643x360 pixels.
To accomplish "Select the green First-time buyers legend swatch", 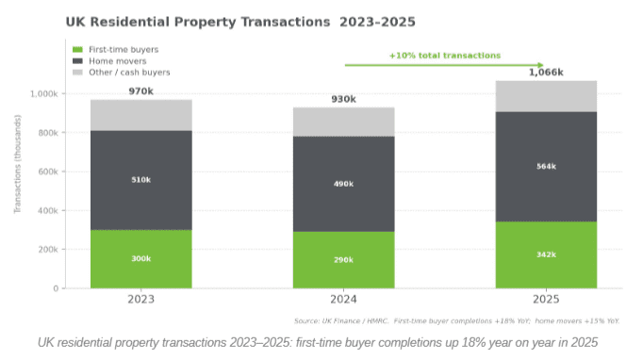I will tap(78, 49).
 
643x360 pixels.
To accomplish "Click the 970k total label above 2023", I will tap(140, 90).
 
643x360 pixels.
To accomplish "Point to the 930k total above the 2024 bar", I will tap(343, 99).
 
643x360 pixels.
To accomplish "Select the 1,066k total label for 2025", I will tap(546, 72).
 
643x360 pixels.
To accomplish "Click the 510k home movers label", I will tap(140, 179).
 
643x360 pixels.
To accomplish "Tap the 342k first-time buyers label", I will tap(546, 255).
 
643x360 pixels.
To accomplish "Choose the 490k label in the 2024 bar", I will tap(343, 184).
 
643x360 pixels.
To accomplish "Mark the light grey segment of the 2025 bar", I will tap(546, 96).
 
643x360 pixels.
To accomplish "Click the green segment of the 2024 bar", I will tap(343, 259).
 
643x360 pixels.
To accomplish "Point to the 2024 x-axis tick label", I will tap(343, 299).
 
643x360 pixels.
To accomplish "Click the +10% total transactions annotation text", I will tap(445, 56).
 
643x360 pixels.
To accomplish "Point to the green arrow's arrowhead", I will tap(540, 65).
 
